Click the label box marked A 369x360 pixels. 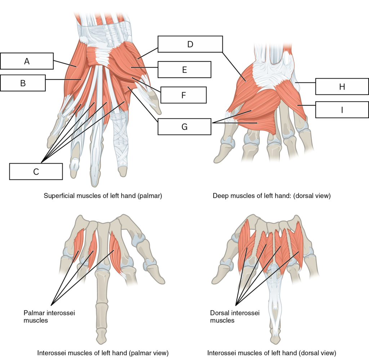(27, 61)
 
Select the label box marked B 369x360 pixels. (23, 83)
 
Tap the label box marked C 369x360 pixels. (36, 172)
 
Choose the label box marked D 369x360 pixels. (190, 44)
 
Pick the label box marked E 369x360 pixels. (184, 70)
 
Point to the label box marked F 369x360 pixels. (183, 95)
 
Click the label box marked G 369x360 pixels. (184, 126)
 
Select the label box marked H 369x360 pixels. (342, 86)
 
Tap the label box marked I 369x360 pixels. (342, 110)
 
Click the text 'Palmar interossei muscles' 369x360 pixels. (49, 316)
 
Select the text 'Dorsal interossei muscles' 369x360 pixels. (235, 316)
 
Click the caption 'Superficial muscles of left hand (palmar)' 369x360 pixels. (103, 196)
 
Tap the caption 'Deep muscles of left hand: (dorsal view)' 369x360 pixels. (272, 196)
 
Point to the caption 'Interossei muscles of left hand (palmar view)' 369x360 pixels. (103, 353)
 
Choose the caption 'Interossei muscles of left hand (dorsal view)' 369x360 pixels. (272, 353)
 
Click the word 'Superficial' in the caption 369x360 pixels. (58, 196)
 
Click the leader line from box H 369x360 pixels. (305, 83)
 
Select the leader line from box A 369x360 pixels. (65, 64)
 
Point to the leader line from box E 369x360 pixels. (144, 67)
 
